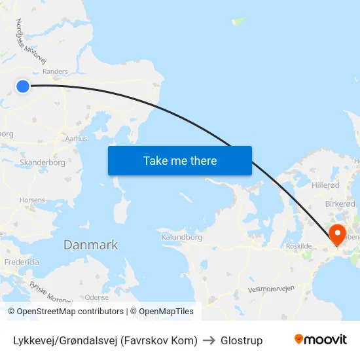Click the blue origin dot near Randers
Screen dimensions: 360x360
coord(23,86)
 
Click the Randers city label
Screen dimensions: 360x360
coord(55,72)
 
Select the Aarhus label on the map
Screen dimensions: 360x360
coord(76,139)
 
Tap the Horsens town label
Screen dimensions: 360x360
coord(32,200)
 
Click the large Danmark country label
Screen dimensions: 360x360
coord(90,245)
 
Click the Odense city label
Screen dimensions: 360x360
coord(96,297)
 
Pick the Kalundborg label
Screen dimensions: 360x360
coord(181,237)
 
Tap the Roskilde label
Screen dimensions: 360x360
coord(298,246)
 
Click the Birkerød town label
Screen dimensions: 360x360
coord(340,204)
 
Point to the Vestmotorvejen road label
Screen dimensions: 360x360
coord(272,289)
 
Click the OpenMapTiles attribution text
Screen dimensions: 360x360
coord(166,312)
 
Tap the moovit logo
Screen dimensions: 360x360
coord(320,340)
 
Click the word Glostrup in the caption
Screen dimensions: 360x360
coord(242,340)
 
